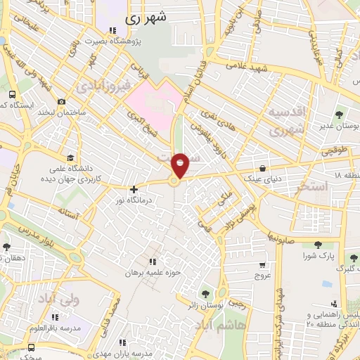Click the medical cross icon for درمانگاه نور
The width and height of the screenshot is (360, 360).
pos(134,189)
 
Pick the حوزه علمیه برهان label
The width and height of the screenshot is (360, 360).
pos(158,272)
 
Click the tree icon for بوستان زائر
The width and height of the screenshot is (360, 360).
pos(205,292)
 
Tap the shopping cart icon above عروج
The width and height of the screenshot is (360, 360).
pos(262,264)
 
